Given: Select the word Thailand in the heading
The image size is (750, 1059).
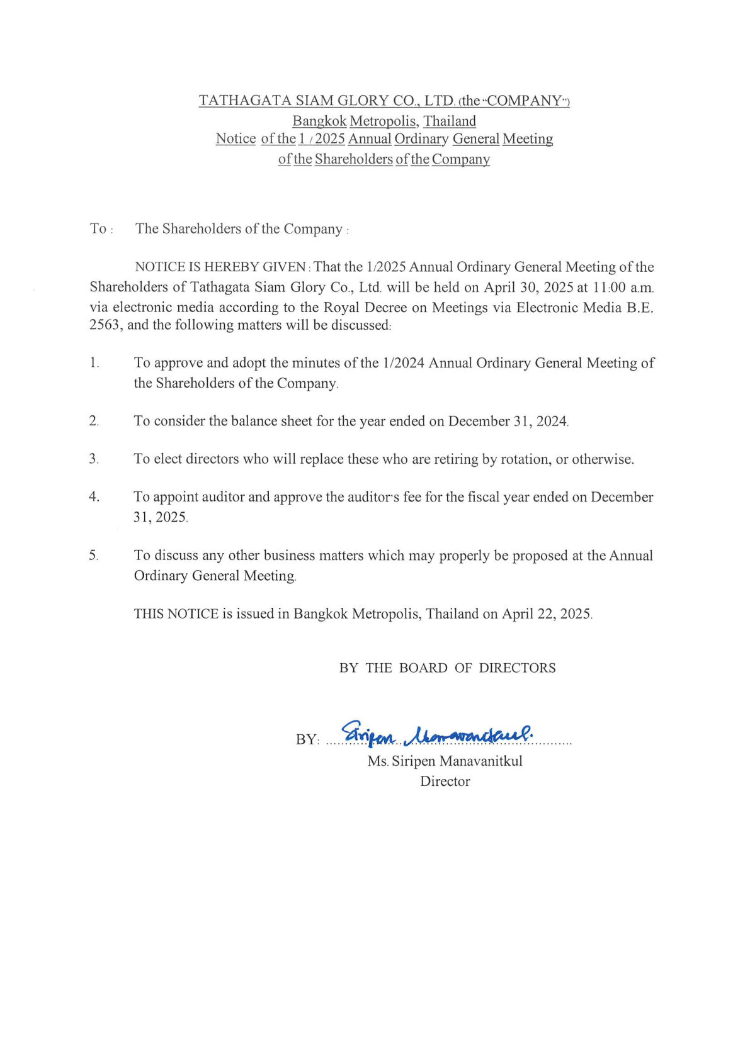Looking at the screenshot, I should pyautogui.click(x=450, y=121).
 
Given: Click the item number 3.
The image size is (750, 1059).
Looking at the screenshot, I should pyautogui.click(x=94, y=459).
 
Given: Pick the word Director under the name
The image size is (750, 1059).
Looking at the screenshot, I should pyautogui.click(x=445, y=782).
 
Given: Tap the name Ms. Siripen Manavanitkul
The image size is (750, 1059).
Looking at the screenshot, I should pyautogui.click(x=445, y=761).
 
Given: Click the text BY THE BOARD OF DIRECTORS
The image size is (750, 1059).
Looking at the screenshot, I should pyautogui.click(x=447, y=668).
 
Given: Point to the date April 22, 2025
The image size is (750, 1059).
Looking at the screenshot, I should pyautogui.click(x=547, y=614).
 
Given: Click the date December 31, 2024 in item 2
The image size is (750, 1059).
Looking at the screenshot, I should pyautogui.click(x=508, y=422).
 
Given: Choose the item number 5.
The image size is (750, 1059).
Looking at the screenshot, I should pyautogui.click(x=94, y=556).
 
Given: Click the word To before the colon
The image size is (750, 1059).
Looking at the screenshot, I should pyautogui.click(x=98, y=229).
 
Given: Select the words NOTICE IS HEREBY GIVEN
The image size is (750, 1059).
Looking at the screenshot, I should pyautogui.click(x=220, y=267).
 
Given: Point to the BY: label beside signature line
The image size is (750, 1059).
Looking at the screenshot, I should pyautogui.click(x=307, y=739).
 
